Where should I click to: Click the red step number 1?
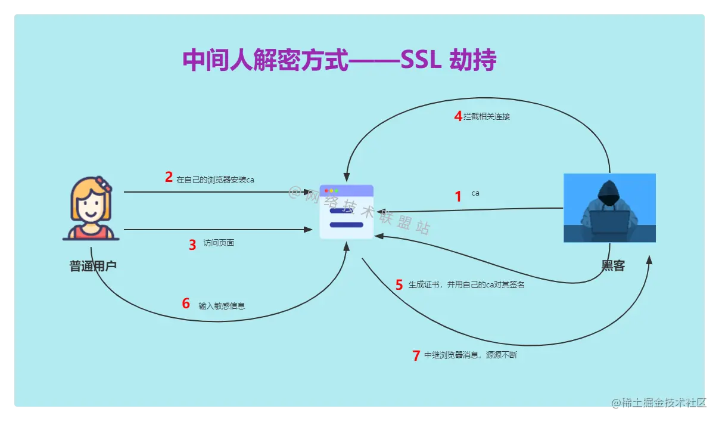click(x=458, y=197)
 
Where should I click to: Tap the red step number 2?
click(x=169, y=177)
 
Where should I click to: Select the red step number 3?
click(x=192, y=245)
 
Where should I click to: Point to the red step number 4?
click(x=458, y=116)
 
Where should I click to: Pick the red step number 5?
click(x=399, y=285)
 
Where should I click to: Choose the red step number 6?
click(x=186, y=304)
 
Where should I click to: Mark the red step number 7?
click(x=416, y=356)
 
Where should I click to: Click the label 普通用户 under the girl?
click(x=93, y=266)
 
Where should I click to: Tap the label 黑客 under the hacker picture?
click(x=612, y=266)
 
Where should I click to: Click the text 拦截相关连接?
click(x=487, y=117)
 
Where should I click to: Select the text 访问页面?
click(x=219, y=243)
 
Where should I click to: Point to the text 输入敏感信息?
click(x=222, y=306)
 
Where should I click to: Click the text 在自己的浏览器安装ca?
click(x=215, y=179)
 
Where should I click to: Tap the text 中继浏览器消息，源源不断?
click(x=471, y=355)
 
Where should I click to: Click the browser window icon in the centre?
click(x=347, y=212)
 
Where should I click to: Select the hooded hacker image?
click(x=609, y=208)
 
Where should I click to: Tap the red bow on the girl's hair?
click(x=105, y=184)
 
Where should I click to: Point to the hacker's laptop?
click(x=609, y=224)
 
